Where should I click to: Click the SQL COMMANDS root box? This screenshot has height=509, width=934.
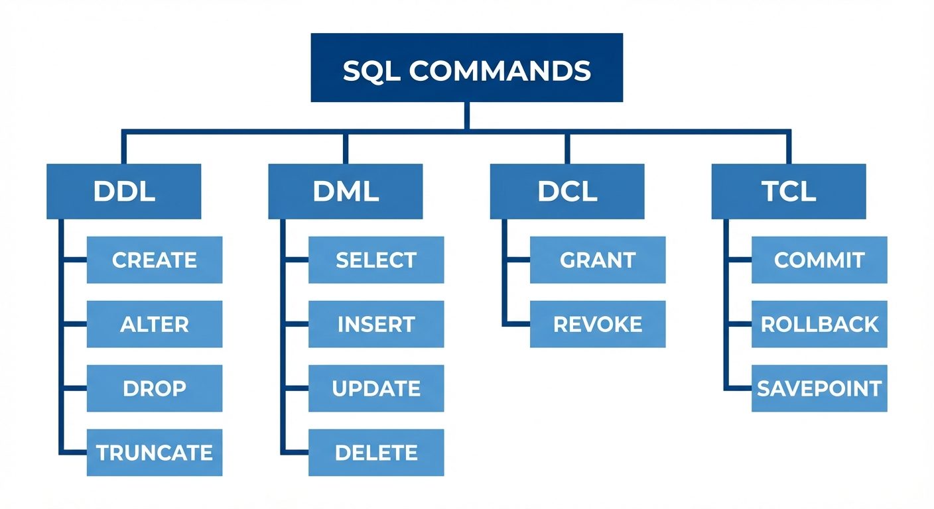(x=466, y=68)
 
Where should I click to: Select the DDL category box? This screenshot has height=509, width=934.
(x=124, y=192)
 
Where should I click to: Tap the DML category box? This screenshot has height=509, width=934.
(x=345, y=192)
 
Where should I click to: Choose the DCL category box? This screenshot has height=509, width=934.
(x=567, y=192)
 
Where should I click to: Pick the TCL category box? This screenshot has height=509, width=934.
(x=788, y=192)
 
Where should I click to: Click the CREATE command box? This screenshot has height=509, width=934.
(x=155, y=260)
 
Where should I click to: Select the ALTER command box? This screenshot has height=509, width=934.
(x=155, y=324)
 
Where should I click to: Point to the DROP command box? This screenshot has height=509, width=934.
(x=155, y=388)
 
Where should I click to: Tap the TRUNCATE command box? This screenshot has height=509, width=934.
(x=155, y=453)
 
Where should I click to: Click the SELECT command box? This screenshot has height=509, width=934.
(x=376, y=260)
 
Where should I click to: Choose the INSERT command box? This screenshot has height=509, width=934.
(x=376, y=324)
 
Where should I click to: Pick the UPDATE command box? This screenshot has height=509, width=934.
(x=376, y=388)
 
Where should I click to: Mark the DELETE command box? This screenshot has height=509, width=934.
(x=376, y=453)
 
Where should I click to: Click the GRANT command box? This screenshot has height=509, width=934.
(x=598, y=260)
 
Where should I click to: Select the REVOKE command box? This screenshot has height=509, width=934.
(x=598, y=324)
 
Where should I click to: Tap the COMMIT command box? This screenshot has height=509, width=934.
(x=819, y=260)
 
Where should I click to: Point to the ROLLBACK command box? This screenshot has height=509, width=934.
(x=819, y=324)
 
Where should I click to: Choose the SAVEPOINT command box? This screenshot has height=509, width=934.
(x=819, y=388)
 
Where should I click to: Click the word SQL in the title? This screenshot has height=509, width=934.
(x=371, y=71)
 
